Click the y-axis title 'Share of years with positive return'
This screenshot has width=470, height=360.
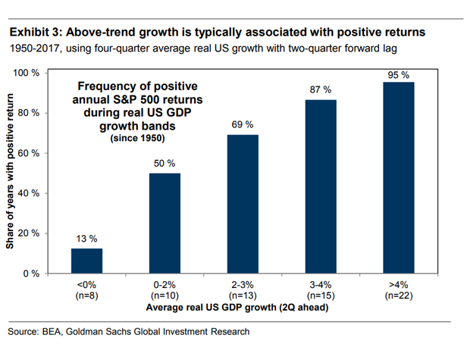13,173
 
